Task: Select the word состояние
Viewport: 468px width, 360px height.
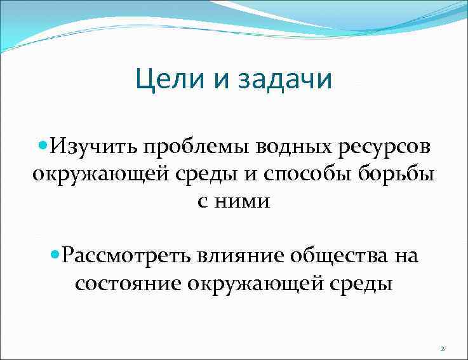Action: [128, 283]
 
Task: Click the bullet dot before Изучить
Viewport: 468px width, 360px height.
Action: [43, 146]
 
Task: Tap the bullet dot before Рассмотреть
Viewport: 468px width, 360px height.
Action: [54, 255]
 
